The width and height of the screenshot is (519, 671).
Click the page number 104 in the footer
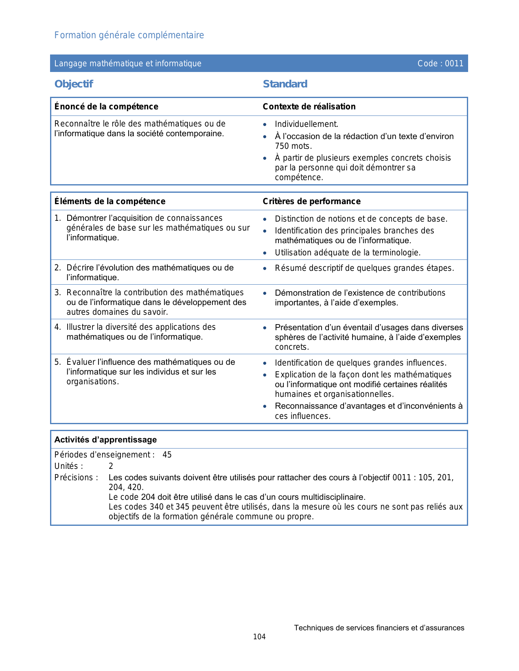point(259,637)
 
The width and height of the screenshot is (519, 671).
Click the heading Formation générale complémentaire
point(129,35)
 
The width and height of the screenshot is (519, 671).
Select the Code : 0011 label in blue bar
point(440,63)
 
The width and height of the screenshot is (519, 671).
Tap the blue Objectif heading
point(74,84)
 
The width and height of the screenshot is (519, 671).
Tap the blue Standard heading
point(285,84)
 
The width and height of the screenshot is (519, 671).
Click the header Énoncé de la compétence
point(106,107)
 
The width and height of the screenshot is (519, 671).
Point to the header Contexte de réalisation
point(309,107)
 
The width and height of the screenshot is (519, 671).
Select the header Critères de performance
point(311,201)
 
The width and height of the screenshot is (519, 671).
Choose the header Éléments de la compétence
point(110,201)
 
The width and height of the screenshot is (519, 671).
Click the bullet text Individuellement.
point(307,124)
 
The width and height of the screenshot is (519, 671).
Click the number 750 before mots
point(282,146)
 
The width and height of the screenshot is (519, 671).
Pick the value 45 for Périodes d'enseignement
point(167,455)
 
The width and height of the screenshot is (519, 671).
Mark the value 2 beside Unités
point(111,466)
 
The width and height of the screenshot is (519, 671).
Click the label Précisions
point(76,477)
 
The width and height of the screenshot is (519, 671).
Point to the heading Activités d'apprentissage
point(105,440)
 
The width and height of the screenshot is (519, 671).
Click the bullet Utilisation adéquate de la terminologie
point(348,253)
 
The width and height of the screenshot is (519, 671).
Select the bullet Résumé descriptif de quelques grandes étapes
point(364,268)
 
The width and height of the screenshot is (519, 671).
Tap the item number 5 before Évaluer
point(57,362)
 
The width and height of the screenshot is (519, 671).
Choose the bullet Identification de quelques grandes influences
point(361,363)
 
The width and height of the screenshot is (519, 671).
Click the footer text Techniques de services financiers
point(379,628)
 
